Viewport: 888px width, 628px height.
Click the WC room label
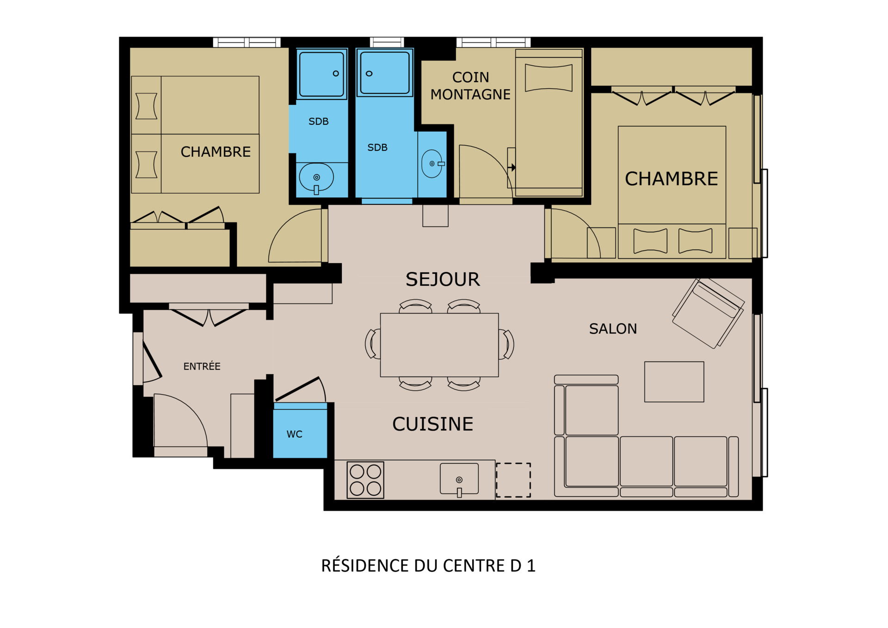coord(294,434)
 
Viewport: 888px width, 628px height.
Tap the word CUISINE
coord(433,424)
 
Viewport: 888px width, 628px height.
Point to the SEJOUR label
coord(443,279)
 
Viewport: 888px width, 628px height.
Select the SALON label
coord(613,329)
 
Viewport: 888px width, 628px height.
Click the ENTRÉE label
coord(202,366)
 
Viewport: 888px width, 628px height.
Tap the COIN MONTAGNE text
coord(470,86)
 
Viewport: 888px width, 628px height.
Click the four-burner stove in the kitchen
coord(365,480)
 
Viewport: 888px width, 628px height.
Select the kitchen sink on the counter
coord(459,479)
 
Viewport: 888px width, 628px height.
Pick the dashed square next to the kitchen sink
coord(513,480)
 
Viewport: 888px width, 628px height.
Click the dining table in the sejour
coord(439,345)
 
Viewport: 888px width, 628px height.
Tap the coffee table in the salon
coord(674,382)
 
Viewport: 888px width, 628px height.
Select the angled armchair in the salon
coord(708,313)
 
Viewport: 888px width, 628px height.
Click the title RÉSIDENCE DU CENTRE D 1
coord(428,566)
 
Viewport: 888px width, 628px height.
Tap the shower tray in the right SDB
coord(385,73)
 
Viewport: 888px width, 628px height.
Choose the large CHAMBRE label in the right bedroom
coord(672,179)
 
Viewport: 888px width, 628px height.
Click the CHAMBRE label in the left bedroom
coord(216,152)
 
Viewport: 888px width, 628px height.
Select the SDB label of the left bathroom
coord(319,122)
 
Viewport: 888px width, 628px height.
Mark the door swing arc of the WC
coord(322,388)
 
